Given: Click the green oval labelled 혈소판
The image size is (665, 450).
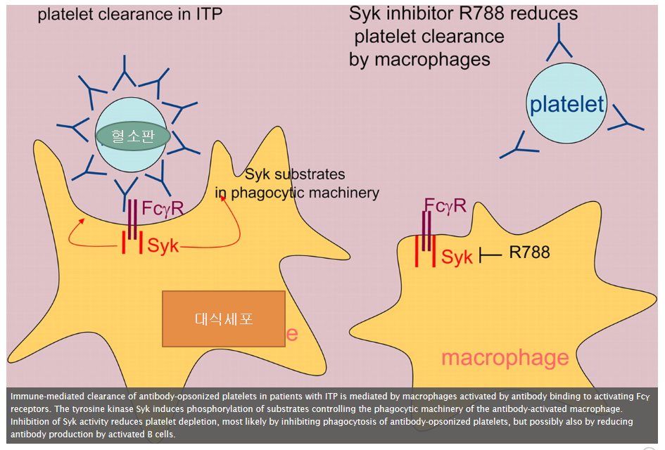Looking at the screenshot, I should tap(132, 136).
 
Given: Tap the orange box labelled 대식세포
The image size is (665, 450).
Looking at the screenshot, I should tap(224, 319).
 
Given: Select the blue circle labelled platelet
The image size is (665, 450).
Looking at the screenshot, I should tap(566, 105).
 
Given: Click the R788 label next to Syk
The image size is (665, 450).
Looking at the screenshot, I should tap(529, 252).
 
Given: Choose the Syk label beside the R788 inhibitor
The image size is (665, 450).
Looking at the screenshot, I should tap(457, 257).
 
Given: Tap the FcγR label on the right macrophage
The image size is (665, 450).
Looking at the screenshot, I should tap(445, 205).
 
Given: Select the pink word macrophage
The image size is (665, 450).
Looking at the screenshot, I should tap(505, 357).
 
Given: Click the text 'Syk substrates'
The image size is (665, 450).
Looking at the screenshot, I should tap(295, 174).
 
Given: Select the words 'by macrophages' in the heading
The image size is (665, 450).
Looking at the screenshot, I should tap(419, 59).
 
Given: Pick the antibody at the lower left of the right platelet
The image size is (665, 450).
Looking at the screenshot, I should tap(517, 146).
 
